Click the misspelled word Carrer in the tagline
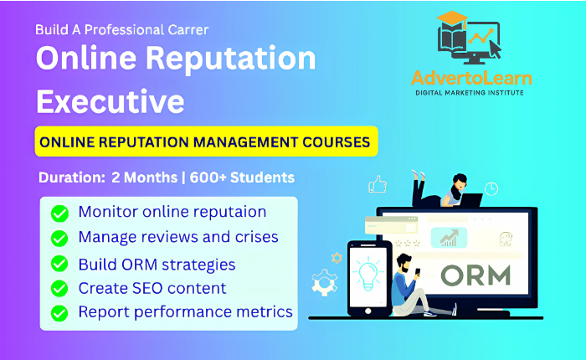188,30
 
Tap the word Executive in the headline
111,101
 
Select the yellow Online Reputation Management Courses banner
206,141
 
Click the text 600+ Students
242,177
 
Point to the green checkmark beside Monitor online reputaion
59,213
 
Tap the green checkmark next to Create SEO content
59,288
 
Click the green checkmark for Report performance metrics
59,313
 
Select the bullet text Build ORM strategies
157,265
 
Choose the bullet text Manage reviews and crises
178,237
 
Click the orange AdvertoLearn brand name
471,78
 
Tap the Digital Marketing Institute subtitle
470,93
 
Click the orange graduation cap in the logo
453,18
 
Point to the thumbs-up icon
378,184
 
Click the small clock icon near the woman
491,188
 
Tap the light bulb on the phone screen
368,273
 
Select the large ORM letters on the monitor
475,275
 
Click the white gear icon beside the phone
325,282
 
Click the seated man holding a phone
419,286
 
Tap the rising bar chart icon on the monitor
449,238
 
